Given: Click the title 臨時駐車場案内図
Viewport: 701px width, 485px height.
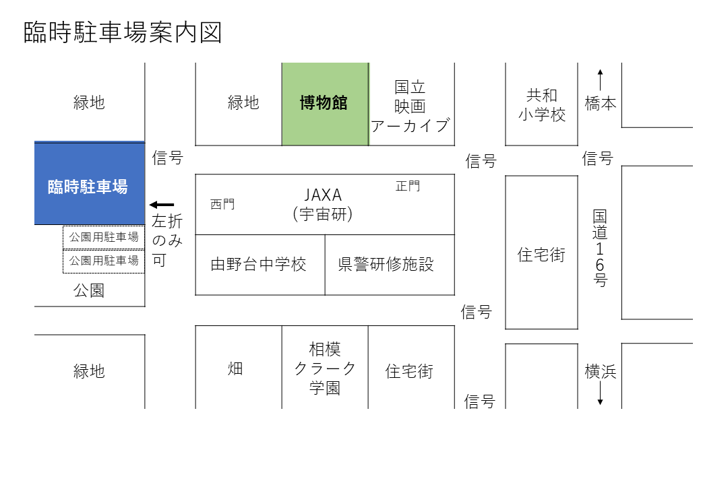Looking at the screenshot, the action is click(x=123, y=32).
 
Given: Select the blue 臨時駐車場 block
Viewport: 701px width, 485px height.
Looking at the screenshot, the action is click(x=90, y=183).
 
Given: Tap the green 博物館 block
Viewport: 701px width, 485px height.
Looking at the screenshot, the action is click(x=325, y=104).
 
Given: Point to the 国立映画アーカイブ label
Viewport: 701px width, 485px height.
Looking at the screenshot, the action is click(x=410, y=106).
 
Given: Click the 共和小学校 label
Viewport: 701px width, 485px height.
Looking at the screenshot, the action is click(x=542, y=105).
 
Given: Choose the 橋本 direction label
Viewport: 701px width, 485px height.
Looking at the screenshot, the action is click(x=601, y=104).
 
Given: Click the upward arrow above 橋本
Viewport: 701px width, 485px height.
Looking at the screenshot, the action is click(x=601, y=80).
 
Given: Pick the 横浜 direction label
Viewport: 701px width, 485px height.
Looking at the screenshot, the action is click(x=601, y=371).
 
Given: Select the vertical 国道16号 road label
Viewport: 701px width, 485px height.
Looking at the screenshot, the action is click(x=600, y=249).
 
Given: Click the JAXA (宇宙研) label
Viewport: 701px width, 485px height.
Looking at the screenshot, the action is click(x=323, y=204).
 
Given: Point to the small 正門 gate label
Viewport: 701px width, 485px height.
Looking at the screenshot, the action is click(x=408, y=186).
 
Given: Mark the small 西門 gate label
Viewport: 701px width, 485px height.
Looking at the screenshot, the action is click(x=222, y=204).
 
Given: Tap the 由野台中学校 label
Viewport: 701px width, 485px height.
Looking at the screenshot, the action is click(x=258, y=264).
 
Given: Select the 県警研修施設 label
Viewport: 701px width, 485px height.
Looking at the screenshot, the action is click(x=386, y=264).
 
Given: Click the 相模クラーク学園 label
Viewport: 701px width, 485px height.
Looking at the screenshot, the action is click(x=325, y=368).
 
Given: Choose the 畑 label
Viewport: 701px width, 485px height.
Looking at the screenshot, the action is click(x=235, y=368).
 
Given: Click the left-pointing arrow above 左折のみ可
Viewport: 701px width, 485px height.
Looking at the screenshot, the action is click(x=162, y=205).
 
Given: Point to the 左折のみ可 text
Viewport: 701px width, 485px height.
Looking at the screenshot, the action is click(x=167, y=240).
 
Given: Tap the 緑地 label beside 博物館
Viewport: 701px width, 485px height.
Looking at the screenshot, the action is click(x=243, y=102).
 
